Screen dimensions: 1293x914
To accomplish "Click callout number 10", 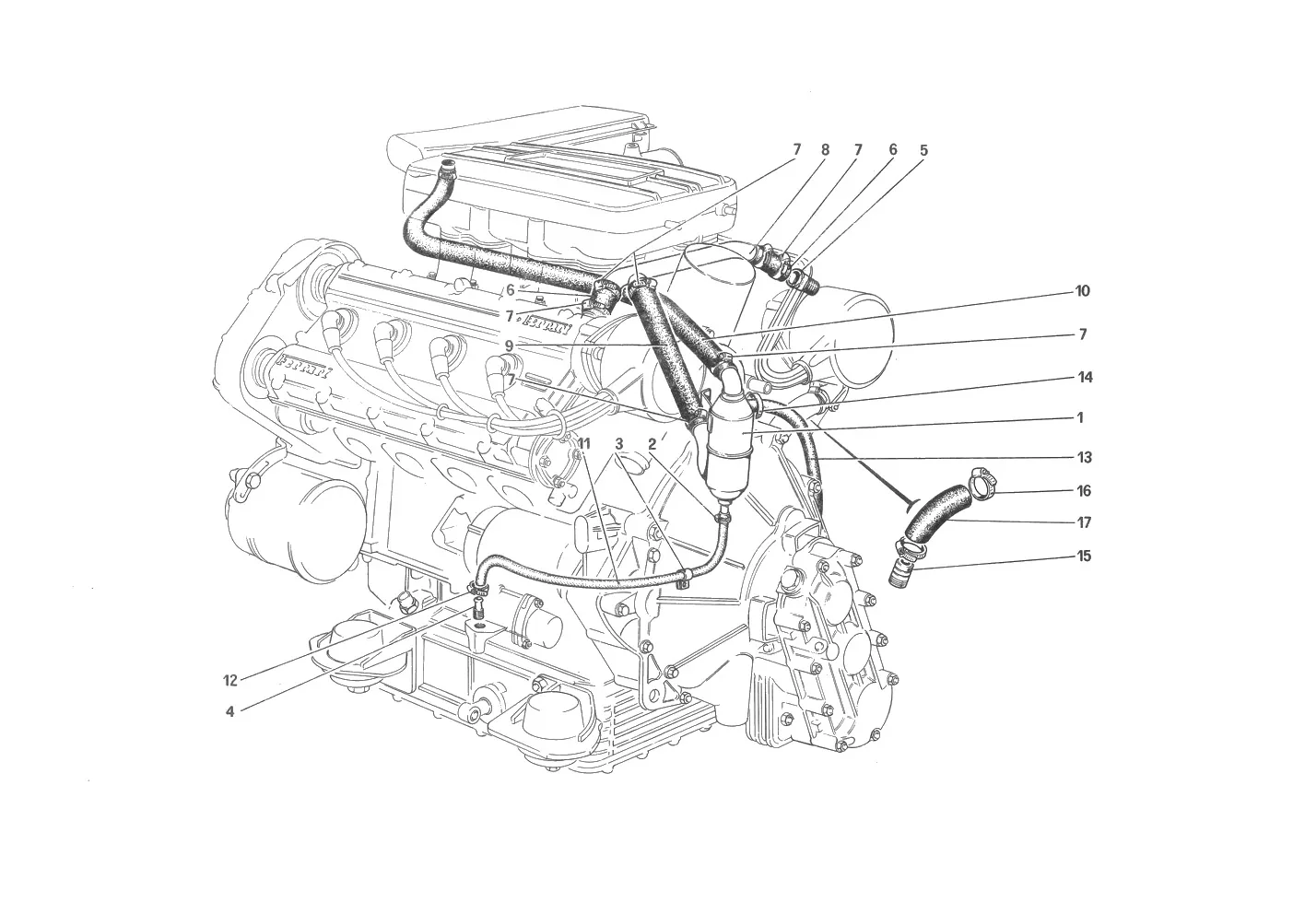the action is point(1082,291).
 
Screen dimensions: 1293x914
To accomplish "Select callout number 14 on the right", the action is point(1086,378).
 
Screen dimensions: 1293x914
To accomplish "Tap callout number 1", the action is point(1081,417).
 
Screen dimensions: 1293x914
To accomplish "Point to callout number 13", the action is point(1085,458).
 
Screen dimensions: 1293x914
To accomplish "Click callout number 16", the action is point(1084,491).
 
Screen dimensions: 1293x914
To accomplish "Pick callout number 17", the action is point(1084,522).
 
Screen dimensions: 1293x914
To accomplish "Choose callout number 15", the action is point(1084,557).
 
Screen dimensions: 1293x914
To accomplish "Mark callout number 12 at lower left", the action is point(230,681).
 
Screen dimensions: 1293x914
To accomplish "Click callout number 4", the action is point(229,712).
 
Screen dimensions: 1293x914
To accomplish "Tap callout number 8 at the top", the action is point(825,150).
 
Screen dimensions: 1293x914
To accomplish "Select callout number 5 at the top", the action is point(923,150).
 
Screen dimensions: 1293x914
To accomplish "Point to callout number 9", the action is point(509,346).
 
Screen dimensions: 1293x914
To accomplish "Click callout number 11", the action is point(584,444).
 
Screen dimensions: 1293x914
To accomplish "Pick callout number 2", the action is point(652,444).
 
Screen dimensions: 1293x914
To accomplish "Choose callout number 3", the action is point(618,444).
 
